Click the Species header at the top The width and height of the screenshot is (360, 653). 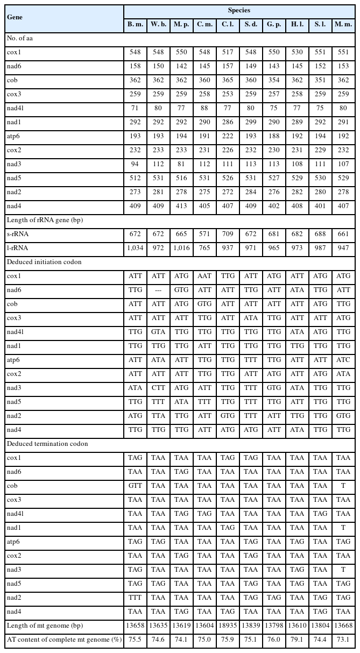click(240, 10)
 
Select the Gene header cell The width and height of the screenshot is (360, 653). click(15, 17)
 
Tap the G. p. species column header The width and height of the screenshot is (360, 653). click(273, 25)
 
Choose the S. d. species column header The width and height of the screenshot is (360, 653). click(250, 25)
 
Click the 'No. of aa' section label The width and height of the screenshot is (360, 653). click(21, 39)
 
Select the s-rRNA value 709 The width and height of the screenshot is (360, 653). click(227, 235)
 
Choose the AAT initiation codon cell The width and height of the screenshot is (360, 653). click(204, 276)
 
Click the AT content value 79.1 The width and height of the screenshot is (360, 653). click(297, 640)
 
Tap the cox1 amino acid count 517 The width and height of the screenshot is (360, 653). click(227, 53)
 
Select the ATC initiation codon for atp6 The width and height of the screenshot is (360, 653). click(343, 360)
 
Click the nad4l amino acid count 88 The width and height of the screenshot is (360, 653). click(204, 109)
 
